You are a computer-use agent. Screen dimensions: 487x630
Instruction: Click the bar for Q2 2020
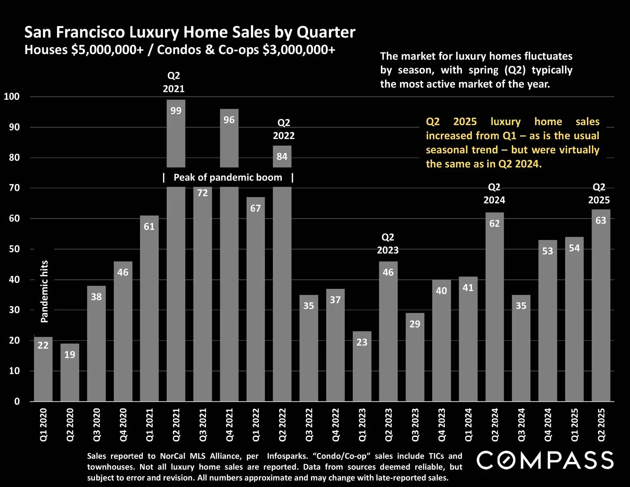[x=70, y=374]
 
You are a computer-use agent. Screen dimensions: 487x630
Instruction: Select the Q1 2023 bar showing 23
[x=362, y=368]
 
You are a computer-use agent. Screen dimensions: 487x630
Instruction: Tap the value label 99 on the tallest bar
[x=176, y=111]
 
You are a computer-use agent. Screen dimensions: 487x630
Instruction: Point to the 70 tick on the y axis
[x=14, y=188]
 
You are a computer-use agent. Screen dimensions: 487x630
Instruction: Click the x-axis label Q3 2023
[x=415, y=425]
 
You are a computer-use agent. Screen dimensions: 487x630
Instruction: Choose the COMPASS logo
[x=545, y=460]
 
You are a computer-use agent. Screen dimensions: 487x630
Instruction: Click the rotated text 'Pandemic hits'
[x=44, y=291]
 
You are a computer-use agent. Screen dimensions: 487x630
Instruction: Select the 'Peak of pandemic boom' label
[x=228, y=177]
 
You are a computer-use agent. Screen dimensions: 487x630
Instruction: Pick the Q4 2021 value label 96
[x=229, y=120]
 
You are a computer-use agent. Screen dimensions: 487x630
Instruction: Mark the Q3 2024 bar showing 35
[x=521, y=352]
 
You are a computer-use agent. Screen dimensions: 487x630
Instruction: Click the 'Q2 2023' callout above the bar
[x=388, y=244]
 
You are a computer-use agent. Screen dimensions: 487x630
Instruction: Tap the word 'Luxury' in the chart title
[x=154, y=32]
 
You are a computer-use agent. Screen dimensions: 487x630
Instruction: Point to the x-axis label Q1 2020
[x=43, y=425]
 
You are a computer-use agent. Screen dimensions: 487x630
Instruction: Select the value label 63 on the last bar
[x=601, y=220]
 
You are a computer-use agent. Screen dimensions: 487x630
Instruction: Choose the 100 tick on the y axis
[x=12, y=96]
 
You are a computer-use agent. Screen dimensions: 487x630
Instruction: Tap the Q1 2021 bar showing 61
[x=149, y=309]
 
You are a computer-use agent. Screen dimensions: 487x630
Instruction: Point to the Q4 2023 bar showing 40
[x=442, y=342]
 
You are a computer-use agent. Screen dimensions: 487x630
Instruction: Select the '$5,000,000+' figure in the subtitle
[x=107, y=50]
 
